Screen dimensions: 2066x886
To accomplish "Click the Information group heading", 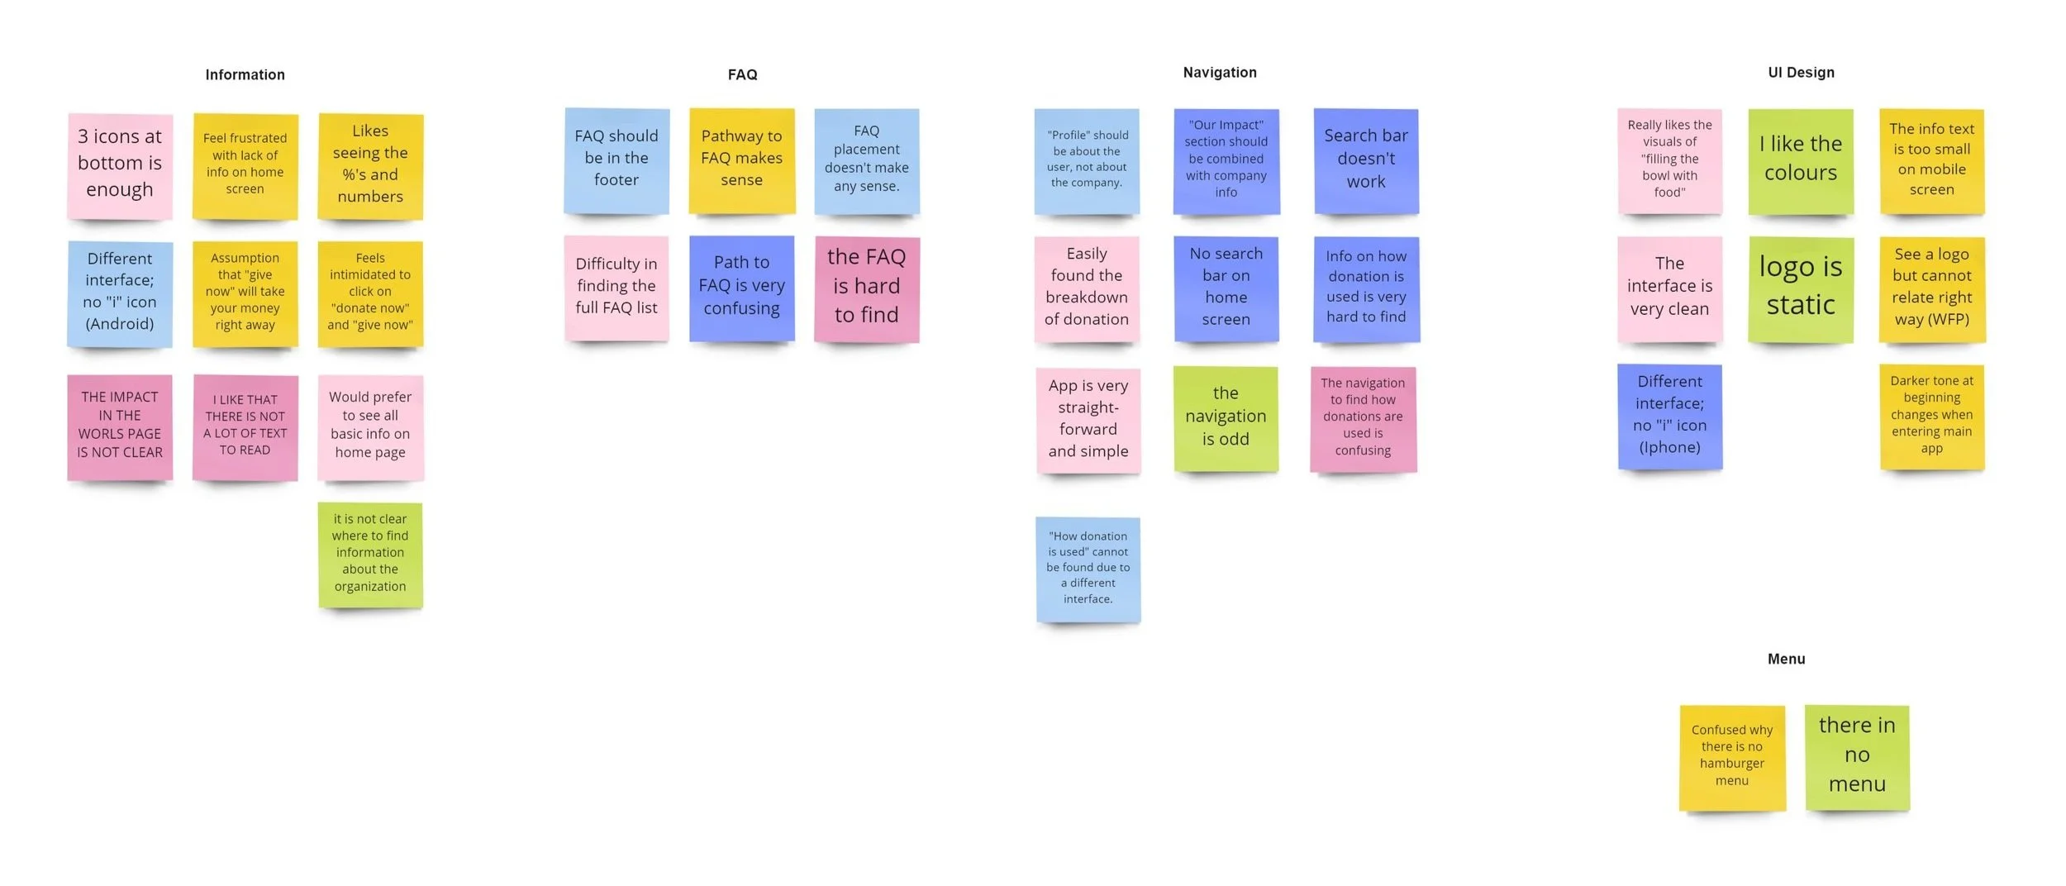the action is tap(245, 74).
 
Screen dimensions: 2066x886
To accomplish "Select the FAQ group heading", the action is tap(742, 74).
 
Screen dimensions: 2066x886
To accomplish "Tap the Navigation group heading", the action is tap(1219, 73).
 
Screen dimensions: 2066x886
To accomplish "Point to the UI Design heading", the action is tap(1801, 73).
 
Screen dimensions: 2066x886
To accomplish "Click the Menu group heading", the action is tap(1786, 659).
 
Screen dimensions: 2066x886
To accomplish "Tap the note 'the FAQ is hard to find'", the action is tap(866, 288).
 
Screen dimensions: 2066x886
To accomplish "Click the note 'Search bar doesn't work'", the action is tap(1365, 161).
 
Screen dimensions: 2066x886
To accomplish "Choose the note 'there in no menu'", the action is tap(1856, 757).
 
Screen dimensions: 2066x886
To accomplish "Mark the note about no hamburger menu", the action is tap(1731, 757).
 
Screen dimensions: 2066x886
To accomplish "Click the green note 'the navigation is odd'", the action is tap(1226, 418).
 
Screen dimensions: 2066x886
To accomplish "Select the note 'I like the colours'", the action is tap(1800, 161).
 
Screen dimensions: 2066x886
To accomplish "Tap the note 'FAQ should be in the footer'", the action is tap(616, 160).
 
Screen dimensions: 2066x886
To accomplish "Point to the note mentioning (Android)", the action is tap(120, 293).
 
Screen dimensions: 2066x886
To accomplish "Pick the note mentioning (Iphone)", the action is tap(1669, 417).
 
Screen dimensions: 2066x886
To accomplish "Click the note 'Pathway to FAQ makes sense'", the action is tap(741, 160).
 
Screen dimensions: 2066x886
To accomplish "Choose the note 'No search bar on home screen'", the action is tap(1226, 288).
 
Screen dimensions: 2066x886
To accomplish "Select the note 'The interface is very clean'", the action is tap(1669, 288).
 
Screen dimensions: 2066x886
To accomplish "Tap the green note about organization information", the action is tap(370, 555).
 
